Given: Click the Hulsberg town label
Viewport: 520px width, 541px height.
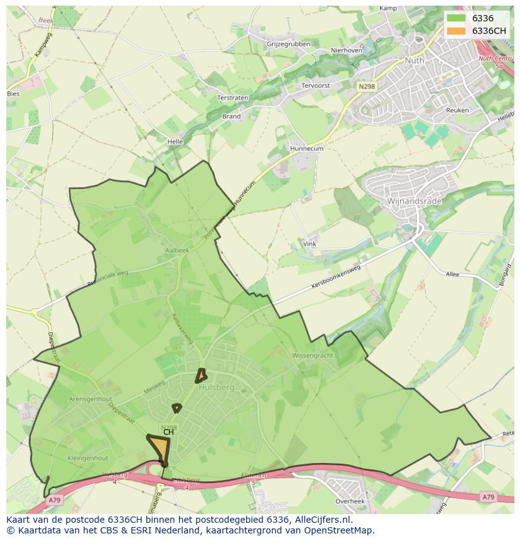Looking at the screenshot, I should (216, 388).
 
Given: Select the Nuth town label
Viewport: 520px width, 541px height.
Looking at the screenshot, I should (414, 61).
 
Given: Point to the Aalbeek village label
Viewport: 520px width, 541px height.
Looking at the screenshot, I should (176, 250).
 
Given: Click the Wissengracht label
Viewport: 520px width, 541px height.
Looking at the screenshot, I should (312, 356).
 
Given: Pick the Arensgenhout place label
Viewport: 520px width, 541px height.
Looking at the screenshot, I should (90, 399).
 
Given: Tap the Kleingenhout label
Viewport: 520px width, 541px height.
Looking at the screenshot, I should (87, 458).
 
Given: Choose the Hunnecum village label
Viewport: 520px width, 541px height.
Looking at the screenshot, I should (306, 149).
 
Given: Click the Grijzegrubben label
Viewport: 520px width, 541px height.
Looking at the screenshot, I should (288, 44).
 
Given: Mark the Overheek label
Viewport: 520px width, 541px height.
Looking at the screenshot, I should (350, 501).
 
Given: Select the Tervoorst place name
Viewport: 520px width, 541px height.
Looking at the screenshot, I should (316, 85).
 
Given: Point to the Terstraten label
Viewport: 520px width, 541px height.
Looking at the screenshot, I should (232, 98).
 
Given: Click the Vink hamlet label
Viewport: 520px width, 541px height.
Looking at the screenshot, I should (310, 244).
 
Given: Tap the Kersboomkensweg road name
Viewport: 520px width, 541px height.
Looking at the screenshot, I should (336, 277).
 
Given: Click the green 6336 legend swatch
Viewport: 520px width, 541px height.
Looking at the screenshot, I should (456, 18).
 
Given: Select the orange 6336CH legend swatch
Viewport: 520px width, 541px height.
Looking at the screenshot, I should (456, 30).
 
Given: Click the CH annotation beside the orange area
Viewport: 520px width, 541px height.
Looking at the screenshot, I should (168, 432).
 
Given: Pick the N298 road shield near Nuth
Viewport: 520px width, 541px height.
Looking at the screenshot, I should (367, 85).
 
